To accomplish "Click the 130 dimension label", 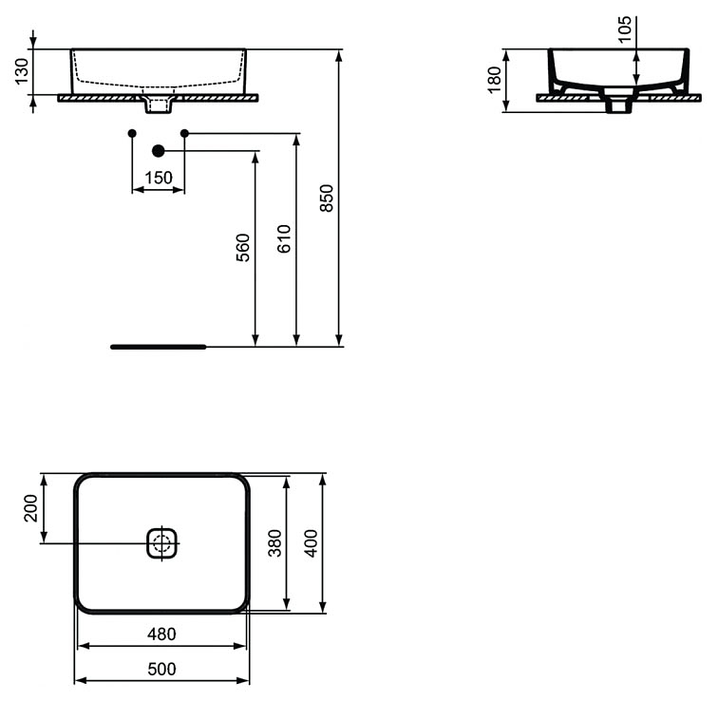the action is pos(22,71).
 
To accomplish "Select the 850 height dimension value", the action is pos(327,198).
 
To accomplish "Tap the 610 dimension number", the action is pos(284,238).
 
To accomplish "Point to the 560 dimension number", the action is pos(243,248).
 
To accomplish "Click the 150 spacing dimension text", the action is pos(159,178).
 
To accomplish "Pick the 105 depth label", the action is pos(625,28).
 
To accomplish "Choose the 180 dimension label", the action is pos(495,80).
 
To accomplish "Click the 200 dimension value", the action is pos(31,508).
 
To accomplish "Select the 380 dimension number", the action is pos(274,543).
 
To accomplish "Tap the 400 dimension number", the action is pos(311,543).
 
